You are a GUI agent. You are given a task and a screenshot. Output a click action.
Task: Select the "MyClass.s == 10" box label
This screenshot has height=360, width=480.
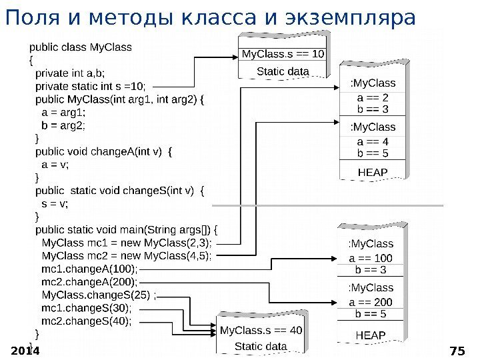pos(283,53)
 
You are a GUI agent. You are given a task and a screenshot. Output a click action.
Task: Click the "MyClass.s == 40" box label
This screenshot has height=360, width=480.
pos(261,329)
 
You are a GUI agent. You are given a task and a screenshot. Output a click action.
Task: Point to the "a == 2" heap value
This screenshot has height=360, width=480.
pos(373,97)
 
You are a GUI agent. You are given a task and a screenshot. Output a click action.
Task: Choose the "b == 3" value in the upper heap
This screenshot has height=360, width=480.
pos(373,108)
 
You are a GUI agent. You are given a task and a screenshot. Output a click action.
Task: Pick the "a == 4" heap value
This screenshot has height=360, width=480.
pos(373,142)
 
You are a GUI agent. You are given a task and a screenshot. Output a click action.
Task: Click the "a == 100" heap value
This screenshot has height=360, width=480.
pos(371,258)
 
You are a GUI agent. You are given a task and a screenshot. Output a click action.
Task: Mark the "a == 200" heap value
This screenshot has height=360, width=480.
pos(371,302)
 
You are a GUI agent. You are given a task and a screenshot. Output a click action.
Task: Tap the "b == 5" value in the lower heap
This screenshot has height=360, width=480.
pos(371,313)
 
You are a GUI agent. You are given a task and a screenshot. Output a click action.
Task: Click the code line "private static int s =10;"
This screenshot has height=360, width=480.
pos(94,86)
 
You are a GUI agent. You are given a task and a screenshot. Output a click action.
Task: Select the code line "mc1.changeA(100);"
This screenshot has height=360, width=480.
pos(89,269)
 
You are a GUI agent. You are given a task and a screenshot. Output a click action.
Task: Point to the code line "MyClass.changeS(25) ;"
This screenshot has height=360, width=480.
pos(99,295)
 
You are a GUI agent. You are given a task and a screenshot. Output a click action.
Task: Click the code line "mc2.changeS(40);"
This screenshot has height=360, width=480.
pos(87,320)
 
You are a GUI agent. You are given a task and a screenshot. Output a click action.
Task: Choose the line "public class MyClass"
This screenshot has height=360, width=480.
pos(80,47)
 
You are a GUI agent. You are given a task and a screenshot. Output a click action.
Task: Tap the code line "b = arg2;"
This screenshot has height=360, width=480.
pos(63,125)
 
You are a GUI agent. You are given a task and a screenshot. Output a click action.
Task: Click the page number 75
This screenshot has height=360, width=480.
pos(457,351)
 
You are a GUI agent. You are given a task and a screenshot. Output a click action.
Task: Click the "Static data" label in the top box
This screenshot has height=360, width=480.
pos(283,71)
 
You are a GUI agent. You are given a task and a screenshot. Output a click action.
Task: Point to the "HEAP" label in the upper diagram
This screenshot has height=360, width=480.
pos(373,172)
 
